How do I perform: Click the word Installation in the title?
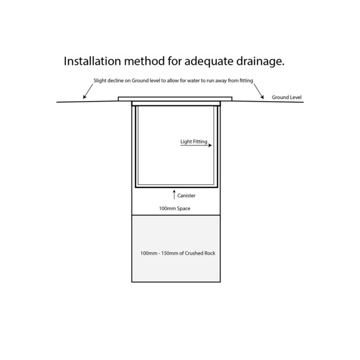point(92,61)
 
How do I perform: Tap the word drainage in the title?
point(260,62)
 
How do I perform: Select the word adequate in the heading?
point(209,62)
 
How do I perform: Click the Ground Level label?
point(287,97)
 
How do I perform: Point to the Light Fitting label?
point(194,142)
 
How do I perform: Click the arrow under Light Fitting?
point(196,145)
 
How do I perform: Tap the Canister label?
point(186,195)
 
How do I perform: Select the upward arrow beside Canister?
point(174,194)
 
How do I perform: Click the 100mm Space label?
point(174,208)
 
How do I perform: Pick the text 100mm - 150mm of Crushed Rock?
point(178,253)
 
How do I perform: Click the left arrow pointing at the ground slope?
point(88,91)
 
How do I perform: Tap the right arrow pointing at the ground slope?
point(258,91)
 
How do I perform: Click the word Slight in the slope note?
point(100,81)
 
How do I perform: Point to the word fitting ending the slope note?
point(246,81)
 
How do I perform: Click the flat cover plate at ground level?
point(175,99)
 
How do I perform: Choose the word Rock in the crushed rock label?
point(210,253)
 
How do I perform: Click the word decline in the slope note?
point(115,81)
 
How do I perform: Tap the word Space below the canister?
point(184,209)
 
